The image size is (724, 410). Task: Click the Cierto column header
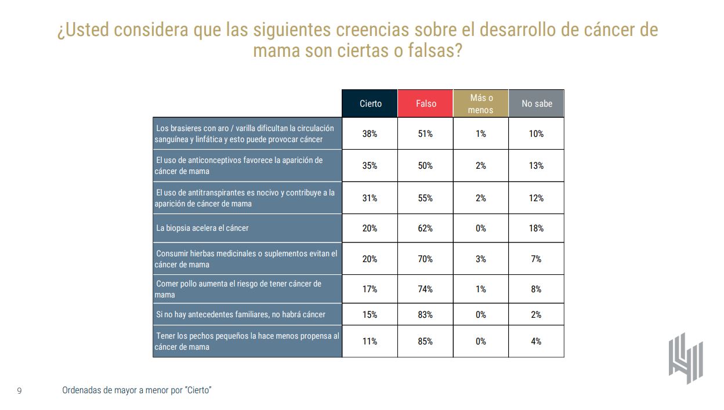click(x=370, y=104)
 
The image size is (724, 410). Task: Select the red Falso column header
click(x=425, y=104)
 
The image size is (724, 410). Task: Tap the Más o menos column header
click(x=481, y=104)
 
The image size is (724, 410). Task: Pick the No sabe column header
click(x=537, y=104)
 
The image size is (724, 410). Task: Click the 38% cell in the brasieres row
click(x=370, y=134)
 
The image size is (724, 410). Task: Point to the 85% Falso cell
click(x=425, y=342)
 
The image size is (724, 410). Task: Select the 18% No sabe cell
click(x=537, y=228)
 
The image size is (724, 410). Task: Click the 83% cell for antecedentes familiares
click(x=425, y=314)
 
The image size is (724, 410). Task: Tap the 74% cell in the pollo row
click(x=425, y=289)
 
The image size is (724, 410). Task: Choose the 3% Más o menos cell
click(x=481, y=259)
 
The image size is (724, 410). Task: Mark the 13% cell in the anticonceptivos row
click(x=537, y=166)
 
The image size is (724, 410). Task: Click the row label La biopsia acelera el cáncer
click(x=202, y=228)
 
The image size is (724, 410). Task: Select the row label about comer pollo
click(x=238, y=289)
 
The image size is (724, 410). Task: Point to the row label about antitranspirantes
click(x=244, y=198)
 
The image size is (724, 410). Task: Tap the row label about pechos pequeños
click(x=247, y=342)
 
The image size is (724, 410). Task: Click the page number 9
click(x=20, y=391)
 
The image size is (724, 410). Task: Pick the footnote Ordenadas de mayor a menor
click(x=136, y=390)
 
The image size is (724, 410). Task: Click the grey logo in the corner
click(x=685, y=358)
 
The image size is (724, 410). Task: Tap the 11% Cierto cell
click(x=370, y=342)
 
